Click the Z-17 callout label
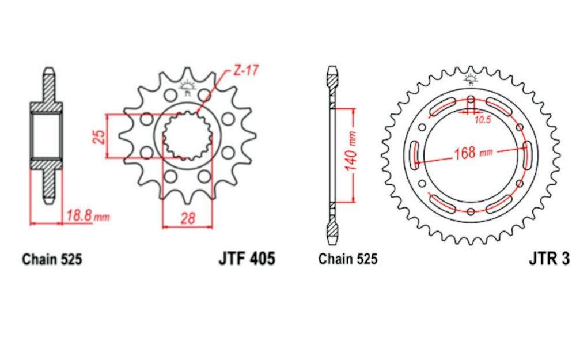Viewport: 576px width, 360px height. point(246,70)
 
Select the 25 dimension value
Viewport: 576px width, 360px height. point(99,136)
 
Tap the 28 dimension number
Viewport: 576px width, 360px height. point(188,218)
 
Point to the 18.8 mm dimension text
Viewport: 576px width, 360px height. point(88,215)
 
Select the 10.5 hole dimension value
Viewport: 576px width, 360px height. point(482,120)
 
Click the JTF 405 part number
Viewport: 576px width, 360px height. point(247,258)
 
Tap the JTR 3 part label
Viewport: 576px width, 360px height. point(549,259)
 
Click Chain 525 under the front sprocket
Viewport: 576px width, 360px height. point(52,259)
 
